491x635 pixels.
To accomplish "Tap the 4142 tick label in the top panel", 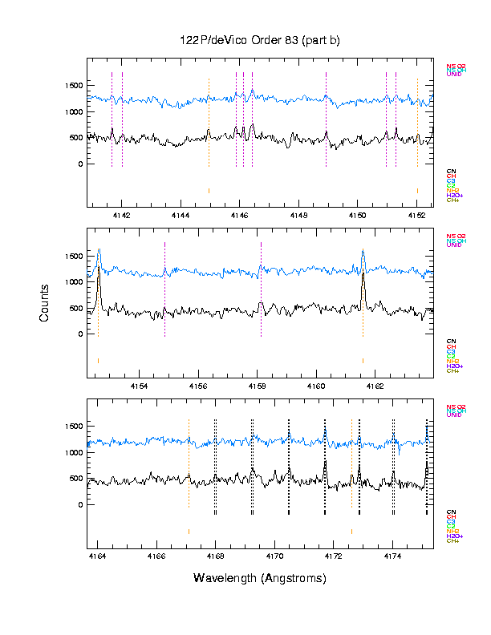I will click(121, 216).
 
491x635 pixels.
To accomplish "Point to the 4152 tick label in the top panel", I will click(416, 216).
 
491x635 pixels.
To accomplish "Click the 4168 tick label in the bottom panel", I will click(215, 556).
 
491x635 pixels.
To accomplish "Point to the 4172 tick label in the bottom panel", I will click(333, 556).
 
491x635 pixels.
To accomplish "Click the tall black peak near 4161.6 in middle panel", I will click(363, 277).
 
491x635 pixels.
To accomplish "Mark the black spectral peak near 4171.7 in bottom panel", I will click(325, 464).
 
